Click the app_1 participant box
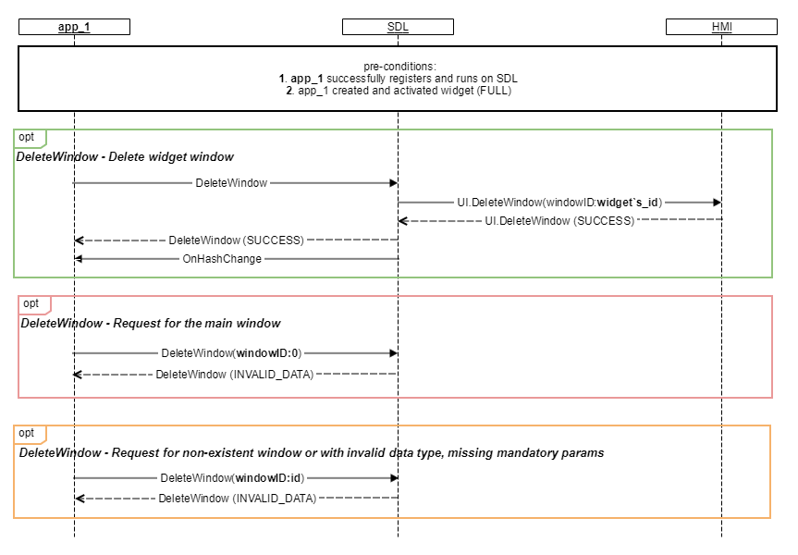click(x=74, y=27)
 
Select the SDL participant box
click(x=398, y=27)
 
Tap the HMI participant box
click(x=721, y=27)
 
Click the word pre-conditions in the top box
click(x=399, y=67)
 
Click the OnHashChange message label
click(x=222, y=259)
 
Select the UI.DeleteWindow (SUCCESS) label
click(x=559, y=221)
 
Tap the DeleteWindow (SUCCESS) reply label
click(x=236, y=240)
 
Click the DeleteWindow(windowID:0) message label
click(x=231, y=352)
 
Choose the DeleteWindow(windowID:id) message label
click(x=233, y=478)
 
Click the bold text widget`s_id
click(x=628, y=203)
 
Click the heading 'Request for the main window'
click(x=196, y=324)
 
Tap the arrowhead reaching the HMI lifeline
click(x=718, y=203)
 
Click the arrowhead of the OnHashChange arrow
click(x=79, y=259)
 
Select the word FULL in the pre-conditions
click(x=494, y=91)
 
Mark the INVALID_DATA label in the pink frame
click(x=235, y=375)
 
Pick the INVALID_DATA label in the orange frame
click(x=237, y=498)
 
